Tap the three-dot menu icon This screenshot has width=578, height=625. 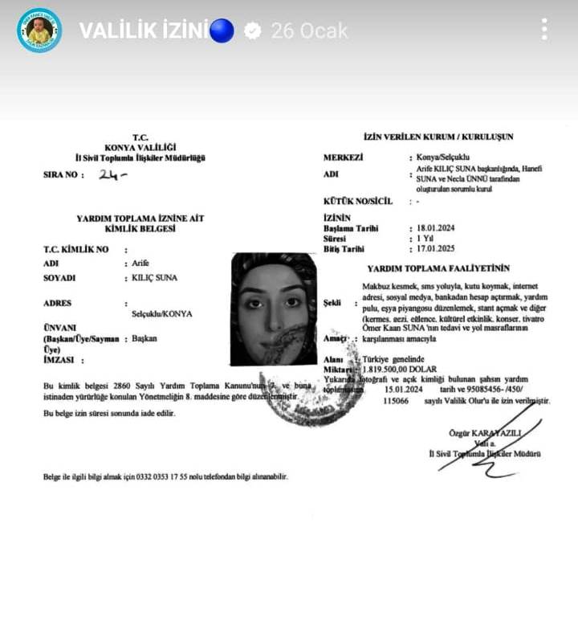click(544, 30)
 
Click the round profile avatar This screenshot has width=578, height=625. click(39, 31)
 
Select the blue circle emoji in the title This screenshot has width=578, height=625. click(222, 31)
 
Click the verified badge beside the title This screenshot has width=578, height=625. click(252, 31)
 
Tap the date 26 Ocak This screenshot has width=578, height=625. click(309, 31)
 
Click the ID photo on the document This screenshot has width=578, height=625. click(274, 309)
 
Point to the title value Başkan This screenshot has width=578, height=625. click(144, 338)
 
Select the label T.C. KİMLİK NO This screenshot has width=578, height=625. click(75, 249)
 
